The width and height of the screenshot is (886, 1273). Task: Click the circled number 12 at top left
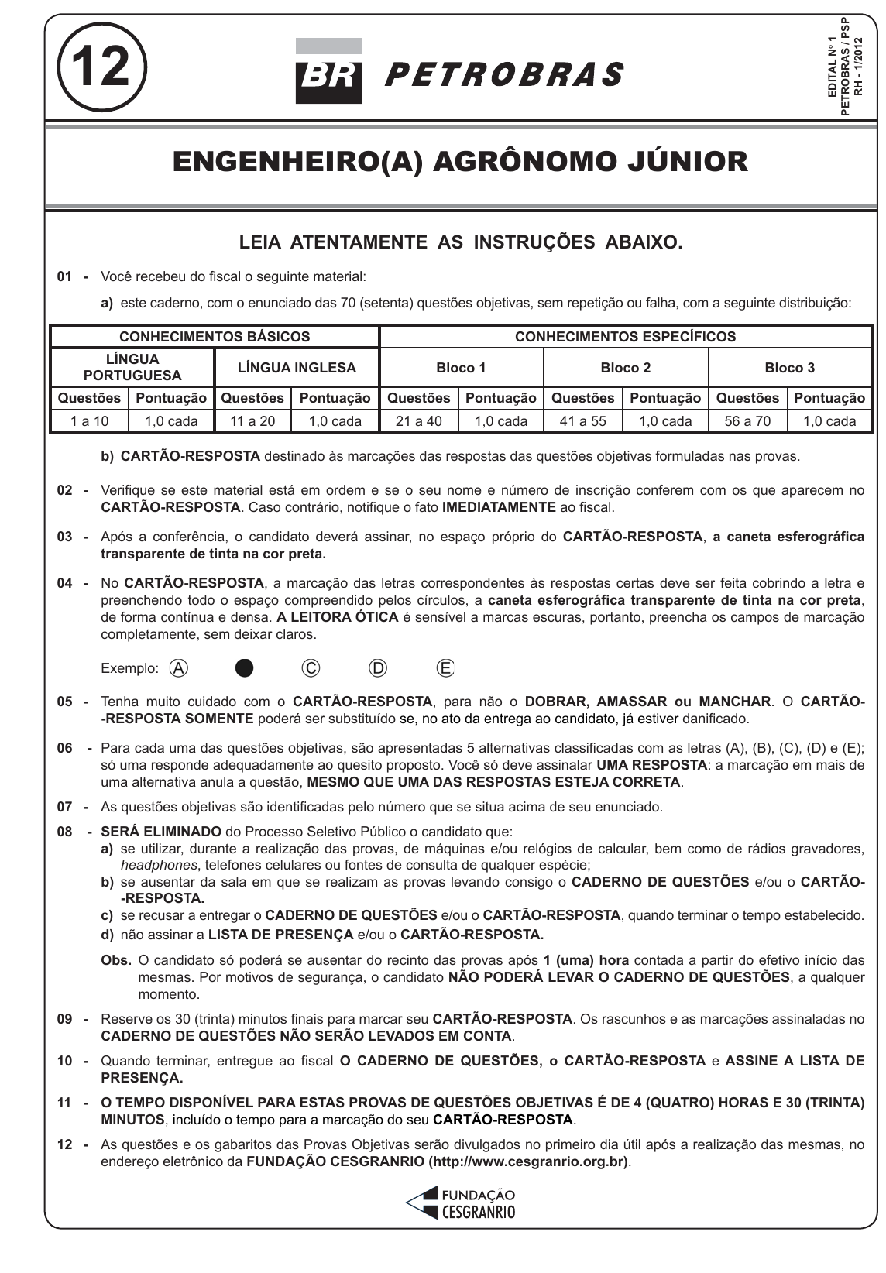pos(102,67)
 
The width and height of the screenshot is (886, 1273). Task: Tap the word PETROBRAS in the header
pos(503,75)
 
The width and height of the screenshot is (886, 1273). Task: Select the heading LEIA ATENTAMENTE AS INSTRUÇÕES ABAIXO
pos(460,242)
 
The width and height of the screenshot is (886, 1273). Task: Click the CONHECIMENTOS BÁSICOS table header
pos(215,337)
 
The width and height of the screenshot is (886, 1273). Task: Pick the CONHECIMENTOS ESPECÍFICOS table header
pos(625,337)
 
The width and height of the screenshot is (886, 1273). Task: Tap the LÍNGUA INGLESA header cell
pos(297,368)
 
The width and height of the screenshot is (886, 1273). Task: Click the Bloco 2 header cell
pos(625,368)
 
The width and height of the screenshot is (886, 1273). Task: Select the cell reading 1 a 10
pos(90,421)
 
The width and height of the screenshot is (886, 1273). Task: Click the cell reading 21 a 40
pos(418,421)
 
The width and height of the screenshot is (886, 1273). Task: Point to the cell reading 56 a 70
pos(747,421)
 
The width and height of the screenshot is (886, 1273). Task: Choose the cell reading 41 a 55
pos(583,421)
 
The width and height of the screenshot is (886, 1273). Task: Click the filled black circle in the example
pos(245,668)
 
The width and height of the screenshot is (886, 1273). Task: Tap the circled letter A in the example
pos(179,668)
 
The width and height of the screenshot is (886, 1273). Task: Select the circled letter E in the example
pos(445,668)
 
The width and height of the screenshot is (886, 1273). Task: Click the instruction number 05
pos(65,702)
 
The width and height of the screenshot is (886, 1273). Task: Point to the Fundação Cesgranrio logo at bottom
pos(461,1203)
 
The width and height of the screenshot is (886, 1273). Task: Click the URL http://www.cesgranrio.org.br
pos(528,1161)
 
